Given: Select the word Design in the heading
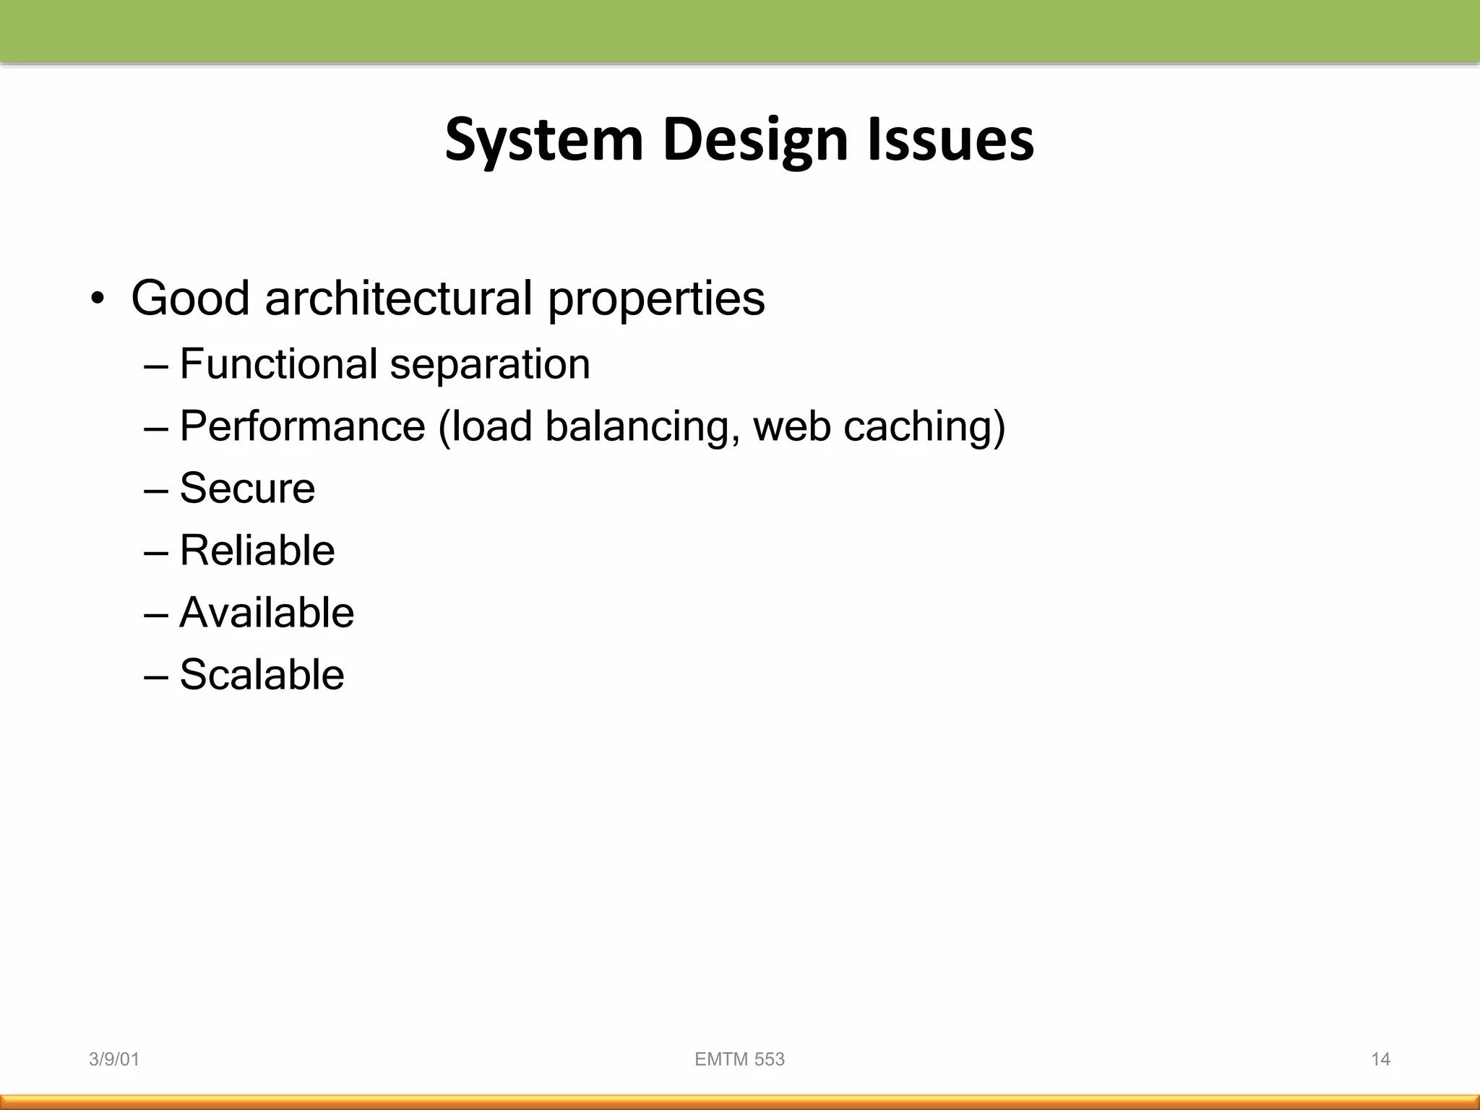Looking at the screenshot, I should coord(754,140).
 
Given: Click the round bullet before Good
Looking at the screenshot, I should coord(98,299).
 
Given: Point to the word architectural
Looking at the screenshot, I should coord(399,298).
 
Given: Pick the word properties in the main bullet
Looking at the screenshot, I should coord(655,299).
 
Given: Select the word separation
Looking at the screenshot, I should coord(489,365).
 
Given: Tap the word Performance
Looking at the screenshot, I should coord(302,426).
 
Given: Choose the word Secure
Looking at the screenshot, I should coord(247,488).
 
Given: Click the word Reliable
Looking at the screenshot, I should coord(257,550).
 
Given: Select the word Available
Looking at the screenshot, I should coord(266,612).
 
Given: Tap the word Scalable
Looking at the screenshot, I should coord(262,674).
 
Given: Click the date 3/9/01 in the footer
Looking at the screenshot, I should coord(113,1059).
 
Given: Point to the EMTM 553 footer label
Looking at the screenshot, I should coord(739,1059).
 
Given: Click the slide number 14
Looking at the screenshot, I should coord(1380,1059).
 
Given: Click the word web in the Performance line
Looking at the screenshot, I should coord(791,426).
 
